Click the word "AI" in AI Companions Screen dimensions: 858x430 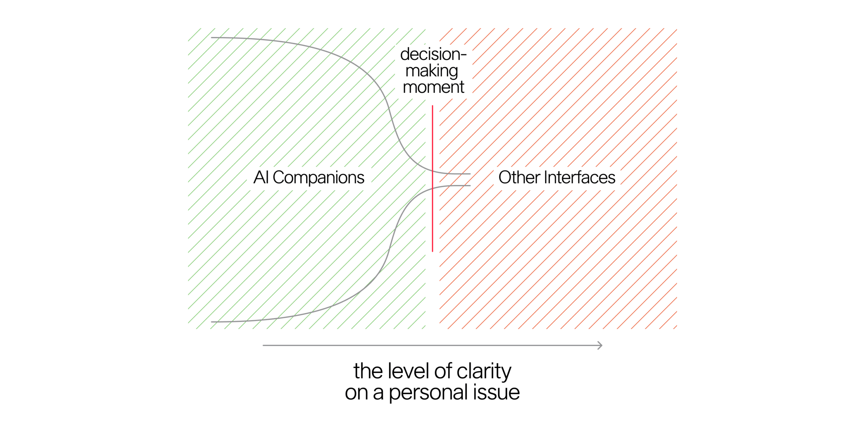(x=261, y=177)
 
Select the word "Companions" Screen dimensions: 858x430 (x=318, y=178)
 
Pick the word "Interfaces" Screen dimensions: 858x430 (x=580, y=177)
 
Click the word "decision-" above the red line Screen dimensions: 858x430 (x=433, y=54)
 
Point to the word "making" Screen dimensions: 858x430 (x=432, y=71)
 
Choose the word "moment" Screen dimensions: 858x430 (x=433, y=87)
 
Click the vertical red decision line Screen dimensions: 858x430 (x=432, y=178)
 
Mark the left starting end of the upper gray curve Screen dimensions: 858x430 (x=211, y=38)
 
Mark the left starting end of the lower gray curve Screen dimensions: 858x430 (x=211, y=322)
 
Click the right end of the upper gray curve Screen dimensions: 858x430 (x=470, y=174)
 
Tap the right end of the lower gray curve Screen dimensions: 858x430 (x=470, y=186)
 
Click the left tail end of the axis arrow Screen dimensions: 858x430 (x=263, y=345)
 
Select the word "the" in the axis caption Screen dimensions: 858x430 (x=368, y=371)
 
